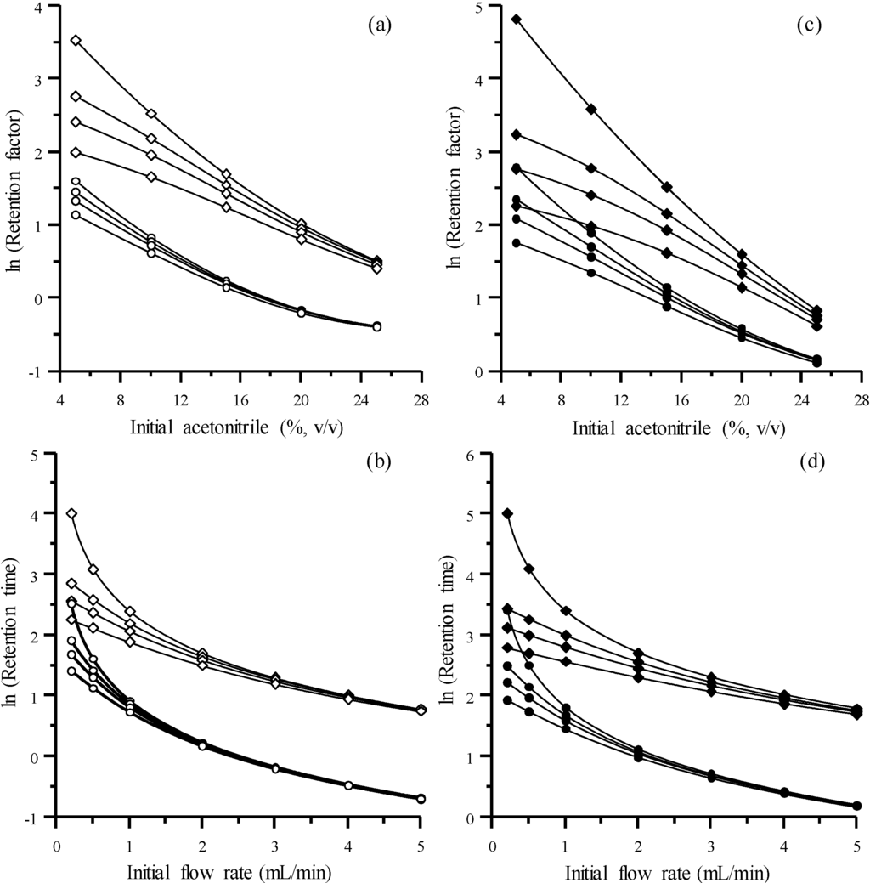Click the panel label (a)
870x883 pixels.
pyautogui.click(x=379, y=25)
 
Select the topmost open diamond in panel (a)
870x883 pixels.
pyautogui.click(x=76, y=40)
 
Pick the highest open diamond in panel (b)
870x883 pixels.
pyautogui.click(x=72, y=513)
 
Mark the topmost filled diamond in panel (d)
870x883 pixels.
pyautogui.click(x=508, y=513)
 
